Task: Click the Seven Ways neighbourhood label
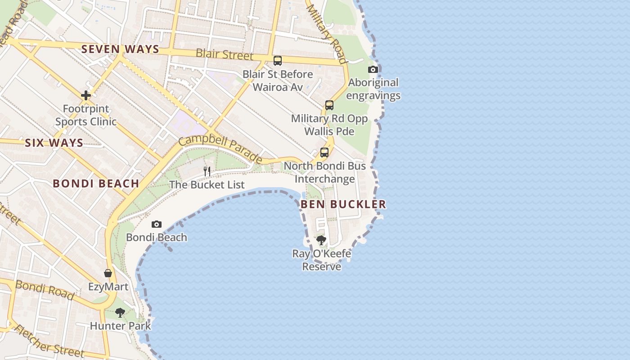120,49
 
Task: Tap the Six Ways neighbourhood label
54,143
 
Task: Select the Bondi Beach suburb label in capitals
96,184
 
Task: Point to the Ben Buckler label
343,204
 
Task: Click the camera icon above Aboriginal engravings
373,69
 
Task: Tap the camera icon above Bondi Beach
156,224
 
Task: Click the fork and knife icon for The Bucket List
207,171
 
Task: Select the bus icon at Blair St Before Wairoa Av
278,61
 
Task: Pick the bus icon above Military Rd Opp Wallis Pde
329,105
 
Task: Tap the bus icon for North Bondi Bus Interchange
324,153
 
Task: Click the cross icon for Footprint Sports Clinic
86,95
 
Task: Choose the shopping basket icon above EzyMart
108,273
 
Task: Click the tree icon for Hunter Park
120,312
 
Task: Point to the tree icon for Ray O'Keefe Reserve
321,240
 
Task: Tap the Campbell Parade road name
220,149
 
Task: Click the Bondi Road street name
45,290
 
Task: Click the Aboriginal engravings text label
373,89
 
